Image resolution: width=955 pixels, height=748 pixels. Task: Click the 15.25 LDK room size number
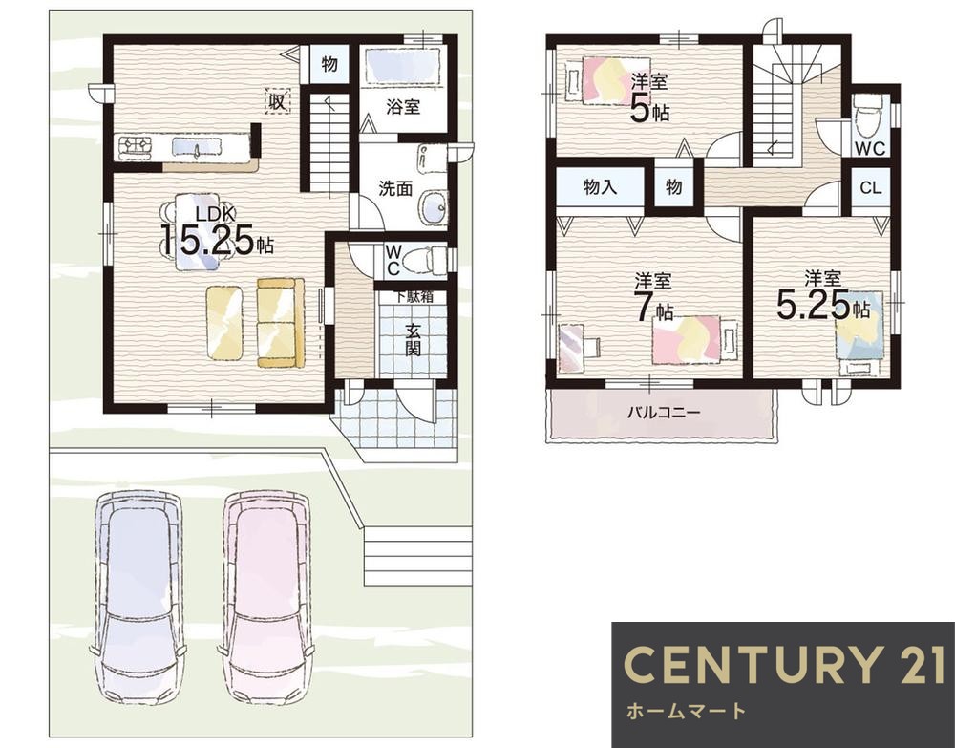[207, 242]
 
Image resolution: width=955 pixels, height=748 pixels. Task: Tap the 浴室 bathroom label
[403, 107]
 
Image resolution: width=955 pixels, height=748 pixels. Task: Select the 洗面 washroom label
[396, 189]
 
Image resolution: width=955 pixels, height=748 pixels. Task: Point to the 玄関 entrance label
[414, 340]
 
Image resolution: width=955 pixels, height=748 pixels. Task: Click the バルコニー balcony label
[665, 413]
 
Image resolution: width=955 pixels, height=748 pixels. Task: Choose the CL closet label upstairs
[871, 187]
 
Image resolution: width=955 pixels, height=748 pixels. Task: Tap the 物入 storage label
[601, 186]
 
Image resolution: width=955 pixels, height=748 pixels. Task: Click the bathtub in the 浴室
[402, 67]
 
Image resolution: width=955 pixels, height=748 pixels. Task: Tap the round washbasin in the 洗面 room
[434, 207]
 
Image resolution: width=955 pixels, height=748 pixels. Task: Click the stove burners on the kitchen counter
[137, 146]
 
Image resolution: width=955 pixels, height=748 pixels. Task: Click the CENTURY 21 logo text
[785, 665]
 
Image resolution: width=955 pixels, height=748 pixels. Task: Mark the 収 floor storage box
[278, 101]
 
